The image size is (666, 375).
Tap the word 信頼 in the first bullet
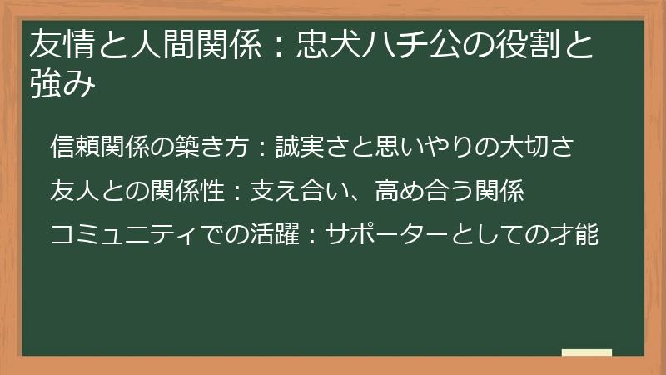point(73,147)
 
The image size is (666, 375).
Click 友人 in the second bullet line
point(73,191)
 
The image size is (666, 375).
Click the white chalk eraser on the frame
point(587,353)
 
